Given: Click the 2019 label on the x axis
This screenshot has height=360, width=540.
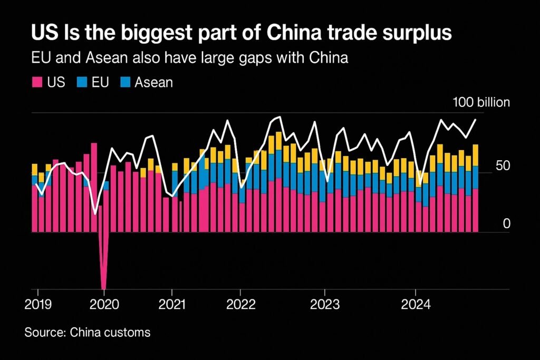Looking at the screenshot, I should click(37, 305).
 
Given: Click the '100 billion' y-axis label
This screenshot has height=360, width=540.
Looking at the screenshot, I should click(481, 102).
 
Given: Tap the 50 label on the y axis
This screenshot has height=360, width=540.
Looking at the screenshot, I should click(503, 166).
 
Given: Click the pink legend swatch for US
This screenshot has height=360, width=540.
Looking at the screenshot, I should click(37, 82).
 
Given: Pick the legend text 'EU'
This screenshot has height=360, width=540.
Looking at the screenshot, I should click(100, 82).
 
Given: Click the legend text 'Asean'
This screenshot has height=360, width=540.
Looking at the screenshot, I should click(153, 82).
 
